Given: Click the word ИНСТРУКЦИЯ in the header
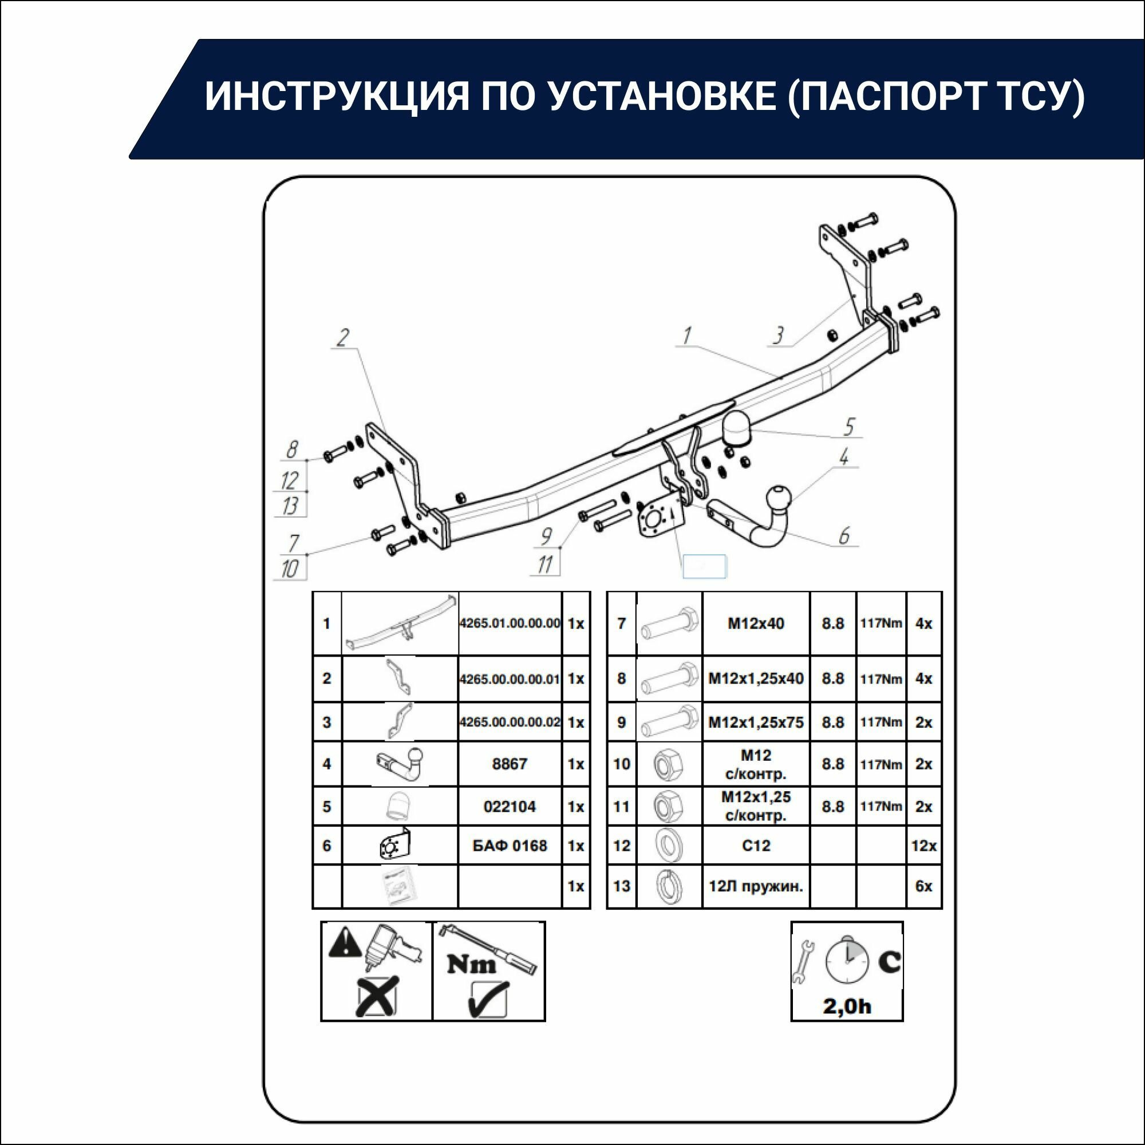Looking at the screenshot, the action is click(x=337, y=96).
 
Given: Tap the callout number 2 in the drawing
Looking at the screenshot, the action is click(x=342, y=338).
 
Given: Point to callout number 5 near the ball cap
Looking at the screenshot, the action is click(x=849, y=426).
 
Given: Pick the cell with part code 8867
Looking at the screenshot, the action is click(x=509, y=764).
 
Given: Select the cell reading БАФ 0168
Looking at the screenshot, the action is click(x=509, y=846).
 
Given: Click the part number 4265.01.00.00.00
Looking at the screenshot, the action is click(x=509, y=623).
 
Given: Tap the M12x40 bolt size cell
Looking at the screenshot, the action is click(x=756, y=623).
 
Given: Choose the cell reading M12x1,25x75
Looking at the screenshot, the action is click(x=756, y=722).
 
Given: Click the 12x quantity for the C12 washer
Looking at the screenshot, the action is click(x=923, y=846).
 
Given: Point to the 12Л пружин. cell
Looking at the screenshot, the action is click(x=756, y=887).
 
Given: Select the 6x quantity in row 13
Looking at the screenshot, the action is click(x=923, y=887).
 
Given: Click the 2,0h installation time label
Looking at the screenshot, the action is click(x=847, y=1006).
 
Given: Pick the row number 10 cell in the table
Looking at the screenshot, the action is click(x=621, y=764).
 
